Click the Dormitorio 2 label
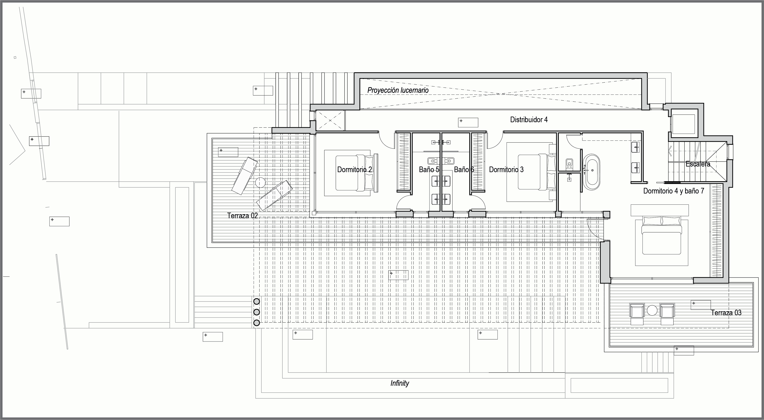pyautogui.click(x=354, y=170)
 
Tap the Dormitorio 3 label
pyautogui.click(x=506, y=170)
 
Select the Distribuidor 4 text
pyautogui.click(x=529, y=120)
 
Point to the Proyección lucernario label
pyautogui.click(x=398, y=90)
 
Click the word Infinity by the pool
pyautogui.click(x=400, y=383)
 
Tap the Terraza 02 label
pyautogui.click(x=242, y=216)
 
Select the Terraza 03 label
pyautogui.click(x=726, y=313)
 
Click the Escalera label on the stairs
pyautogui.click(x=698, y=164)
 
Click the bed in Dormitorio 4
pyautogui.click(x=661, y=236)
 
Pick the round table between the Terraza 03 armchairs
pyautogui.click(x=652, y=310)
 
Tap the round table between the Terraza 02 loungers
pyautogui.click(x=260, y=182)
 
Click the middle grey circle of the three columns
pyautogui.click(x=257, y=312)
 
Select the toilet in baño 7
pyautogui.click(x=569, y=163)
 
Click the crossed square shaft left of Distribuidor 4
pyautogui.click(x=330, y=120)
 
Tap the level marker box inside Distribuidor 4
pyautogui.click(x=468, y=122)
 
